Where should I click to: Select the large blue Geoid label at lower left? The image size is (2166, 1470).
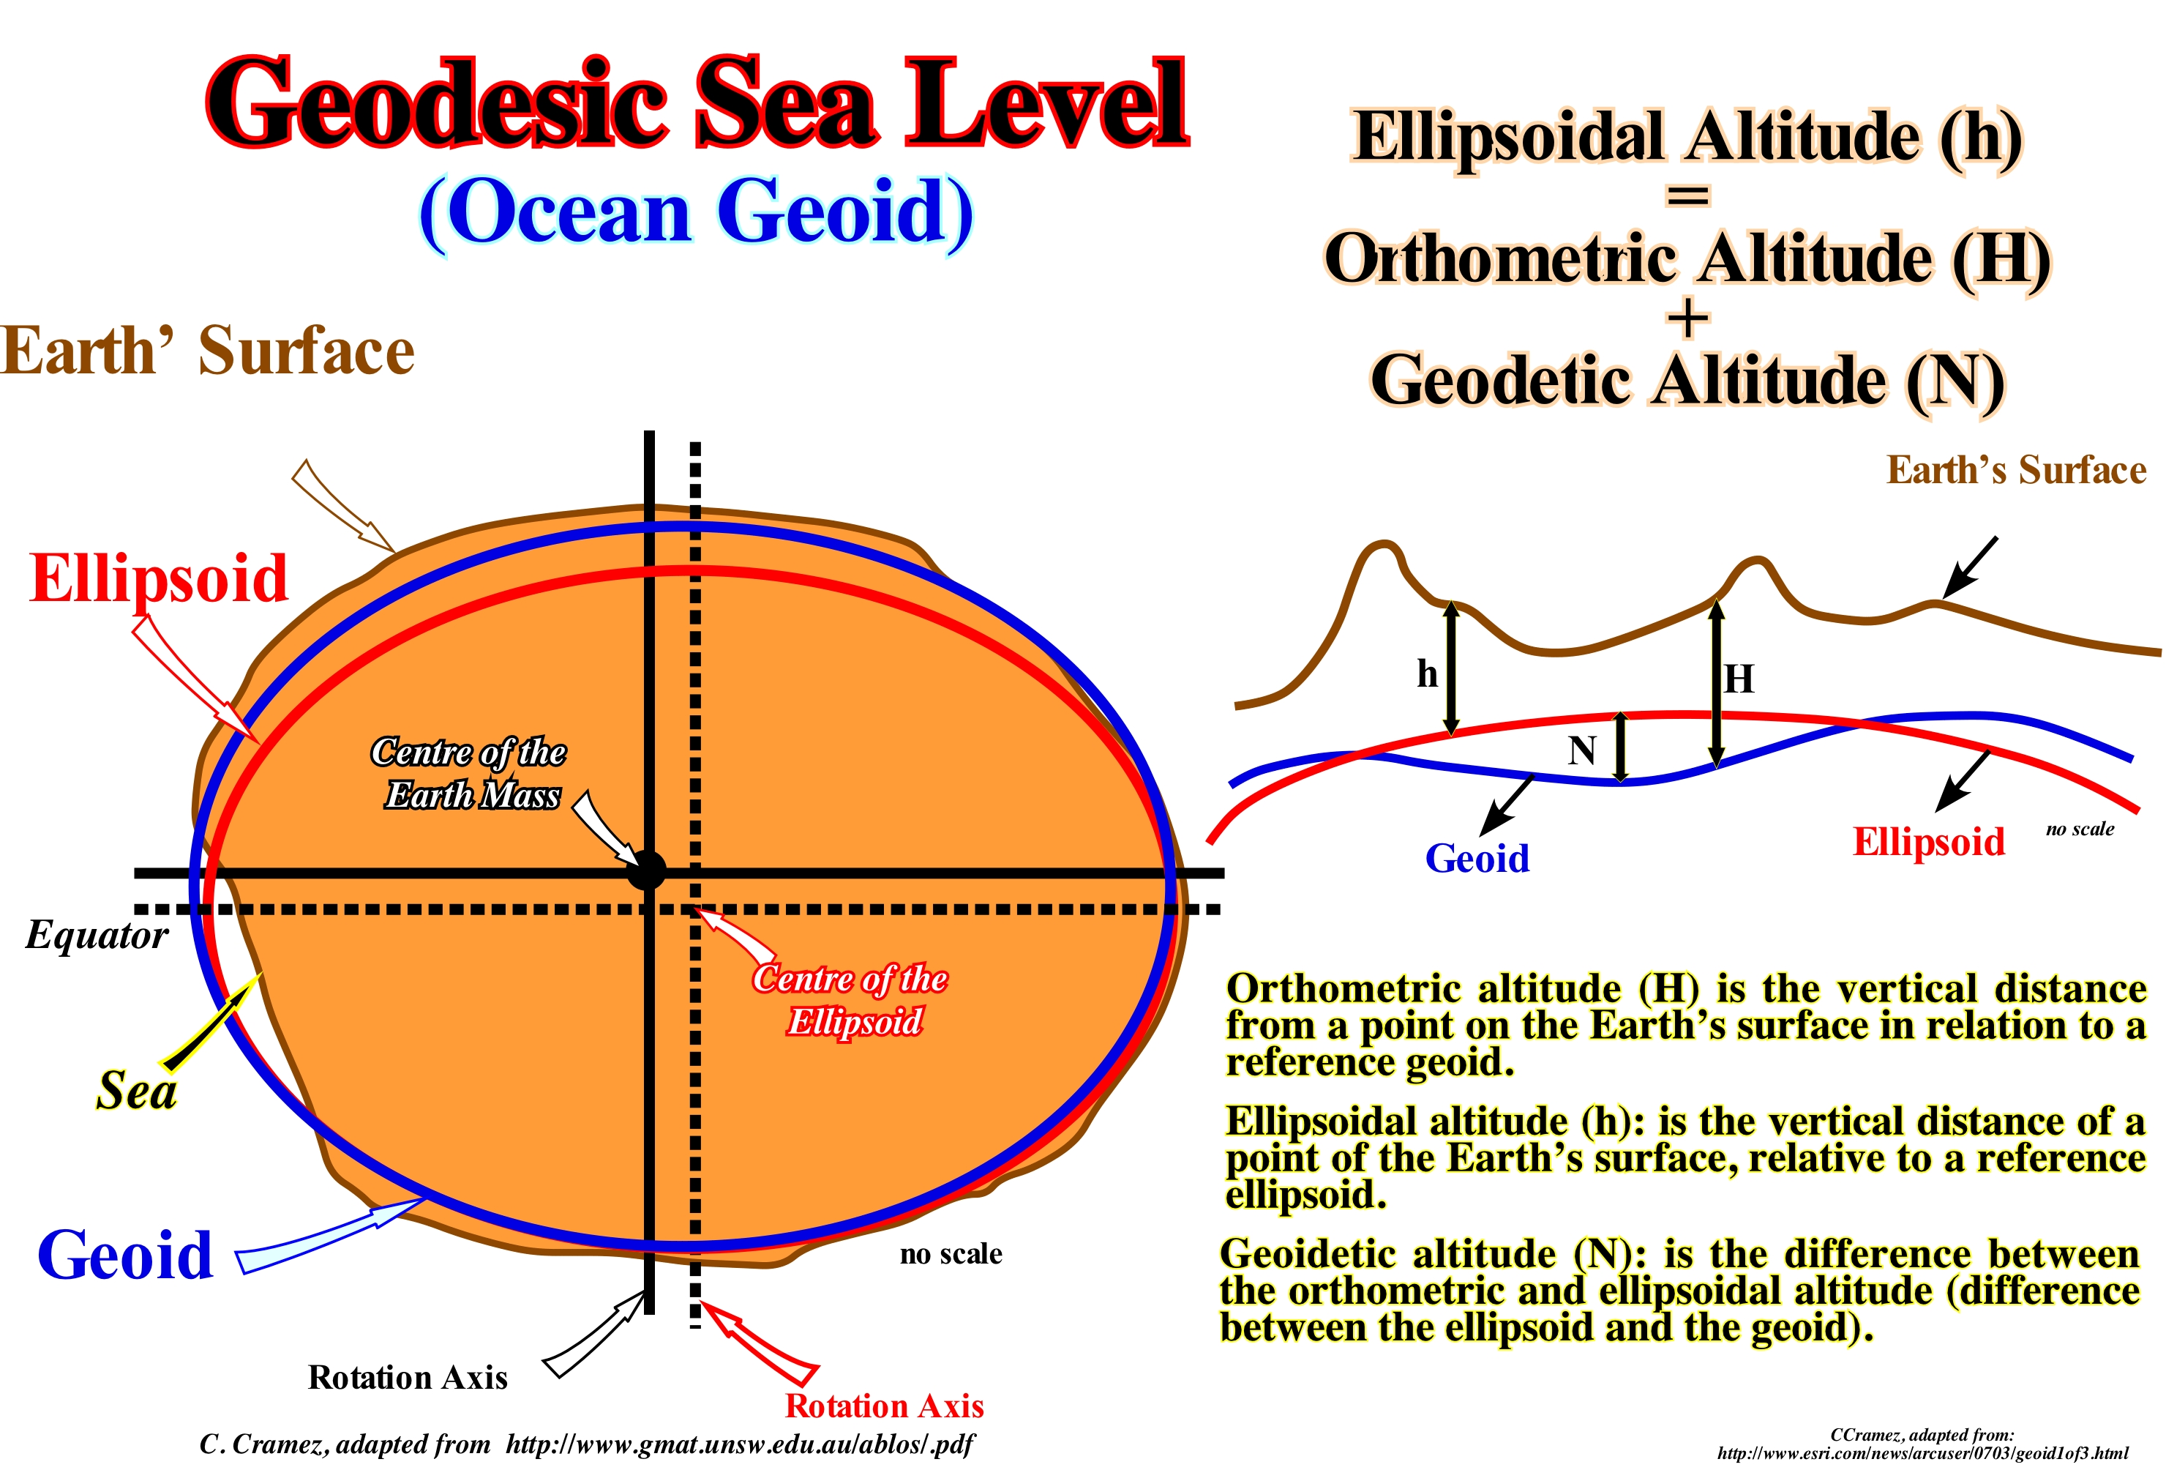pos(126,1255)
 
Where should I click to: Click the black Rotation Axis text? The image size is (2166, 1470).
pos(408,1378)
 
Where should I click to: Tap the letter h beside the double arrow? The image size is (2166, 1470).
pos(1427,673)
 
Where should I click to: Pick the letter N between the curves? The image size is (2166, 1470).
pos(1581,750)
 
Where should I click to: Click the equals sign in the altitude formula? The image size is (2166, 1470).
pos(1688,195)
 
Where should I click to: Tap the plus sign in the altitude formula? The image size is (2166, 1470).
pos(1688,318)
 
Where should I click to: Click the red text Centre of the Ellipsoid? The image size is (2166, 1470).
pos(850,1000)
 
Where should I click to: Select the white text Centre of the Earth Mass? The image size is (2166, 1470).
pos(469,774)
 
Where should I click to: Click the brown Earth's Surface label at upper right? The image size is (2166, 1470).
pos(2016,470)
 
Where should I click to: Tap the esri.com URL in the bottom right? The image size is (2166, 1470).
pos(1923,1453)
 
